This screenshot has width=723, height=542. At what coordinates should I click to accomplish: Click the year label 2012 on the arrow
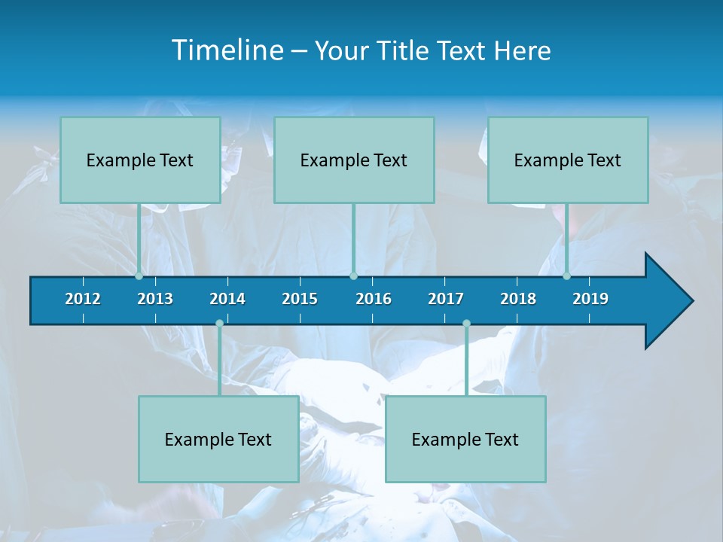pos(83,299)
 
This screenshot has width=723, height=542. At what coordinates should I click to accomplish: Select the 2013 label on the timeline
pos(155,299)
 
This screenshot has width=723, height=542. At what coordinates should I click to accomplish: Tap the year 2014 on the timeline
pos(227,299)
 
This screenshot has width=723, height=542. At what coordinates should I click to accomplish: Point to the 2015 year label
pos(300,299)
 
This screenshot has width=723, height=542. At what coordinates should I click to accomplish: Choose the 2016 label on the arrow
pos(374,299)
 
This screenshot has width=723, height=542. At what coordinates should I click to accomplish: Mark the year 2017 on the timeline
pos(446,299)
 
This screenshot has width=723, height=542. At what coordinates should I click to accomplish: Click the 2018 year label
pos(518,299)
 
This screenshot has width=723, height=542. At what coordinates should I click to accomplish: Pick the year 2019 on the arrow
pos(590,299)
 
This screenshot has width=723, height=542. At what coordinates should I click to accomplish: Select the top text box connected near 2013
pos(140,160)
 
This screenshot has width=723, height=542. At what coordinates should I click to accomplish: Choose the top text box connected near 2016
pos(354,160)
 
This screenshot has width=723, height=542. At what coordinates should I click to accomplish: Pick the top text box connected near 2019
pos(568,160)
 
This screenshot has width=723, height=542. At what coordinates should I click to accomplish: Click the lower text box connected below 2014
pos(218,439)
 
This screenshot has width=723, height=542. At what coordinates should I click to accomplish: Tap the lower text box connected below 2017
pos(465,439)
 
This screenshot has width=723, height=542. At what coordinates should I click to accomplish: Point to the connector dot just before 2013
pos(139,276)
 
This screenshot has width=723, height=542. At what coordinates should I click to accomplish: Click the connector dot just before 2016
pos(353,276)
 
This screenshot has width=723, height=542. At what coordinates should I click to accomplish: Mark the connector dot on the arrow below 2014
pos(219,324)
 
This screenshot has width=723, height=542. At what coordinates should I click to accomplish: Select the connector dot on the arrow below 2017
pos(466,324)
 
